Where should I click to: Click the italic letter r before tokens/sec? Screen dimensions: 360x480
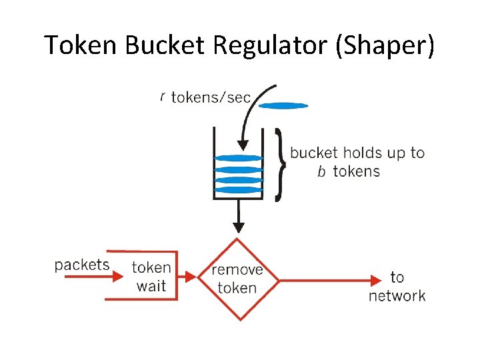pos(162,97)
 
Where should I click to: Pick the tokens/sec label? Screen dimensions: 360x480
pos(211,98)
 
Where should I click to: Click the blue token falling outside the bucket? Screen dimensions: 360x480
pos(283,105)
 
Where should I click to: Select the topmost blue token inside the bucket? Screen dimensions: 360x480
pos(239,158)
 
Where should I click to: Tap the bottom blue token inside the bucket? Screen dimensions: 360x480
pos(239,190)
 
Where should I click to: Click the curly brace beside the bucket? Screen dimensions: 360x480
pos(281,165)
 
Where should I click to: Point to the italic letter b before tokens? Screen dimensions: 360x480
pos(321,172)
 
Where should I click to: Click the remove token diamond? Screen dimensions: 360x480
pos(237,279)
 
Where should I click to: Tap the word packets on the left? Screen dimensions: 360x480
pos(82,265)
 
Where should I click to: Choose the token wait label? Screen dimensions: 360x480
pos(151,277)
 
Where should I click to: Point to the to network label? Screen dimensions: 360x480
pos(397,286)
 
